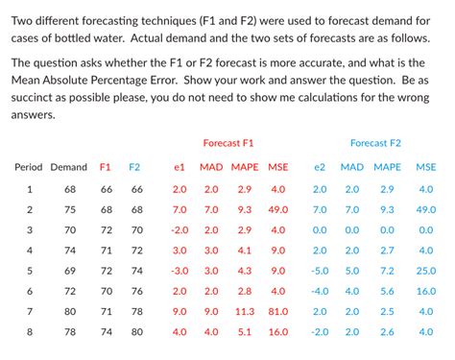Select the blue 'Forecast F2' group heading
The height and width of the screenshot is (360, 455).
click(375, 142)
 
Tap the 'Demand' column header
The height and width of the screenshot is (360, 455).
click(67, 167)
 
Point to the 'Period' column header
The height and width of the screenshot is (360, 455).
click(28, 167)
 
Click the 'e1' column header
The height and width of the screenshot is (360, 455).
click(179, 167)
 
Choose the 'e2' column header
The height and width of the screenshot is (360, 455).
click(321, 167)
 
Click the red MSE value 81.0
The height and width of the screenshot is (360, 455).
click(278, 311)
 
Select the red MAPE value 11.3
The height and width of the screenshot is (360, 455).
click(245, 311)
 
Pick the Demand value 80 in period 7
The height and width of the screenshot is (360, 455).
click(70, 311)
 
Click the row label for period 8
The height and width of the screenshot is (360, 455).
click(30, 332)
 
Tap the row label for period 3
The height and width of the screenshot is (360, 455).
click(30, 229)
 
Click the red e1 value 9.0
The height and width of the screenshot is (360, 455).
click(180, 311)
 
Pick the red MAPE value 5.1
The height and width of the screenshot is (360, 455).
click(245, 332)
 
